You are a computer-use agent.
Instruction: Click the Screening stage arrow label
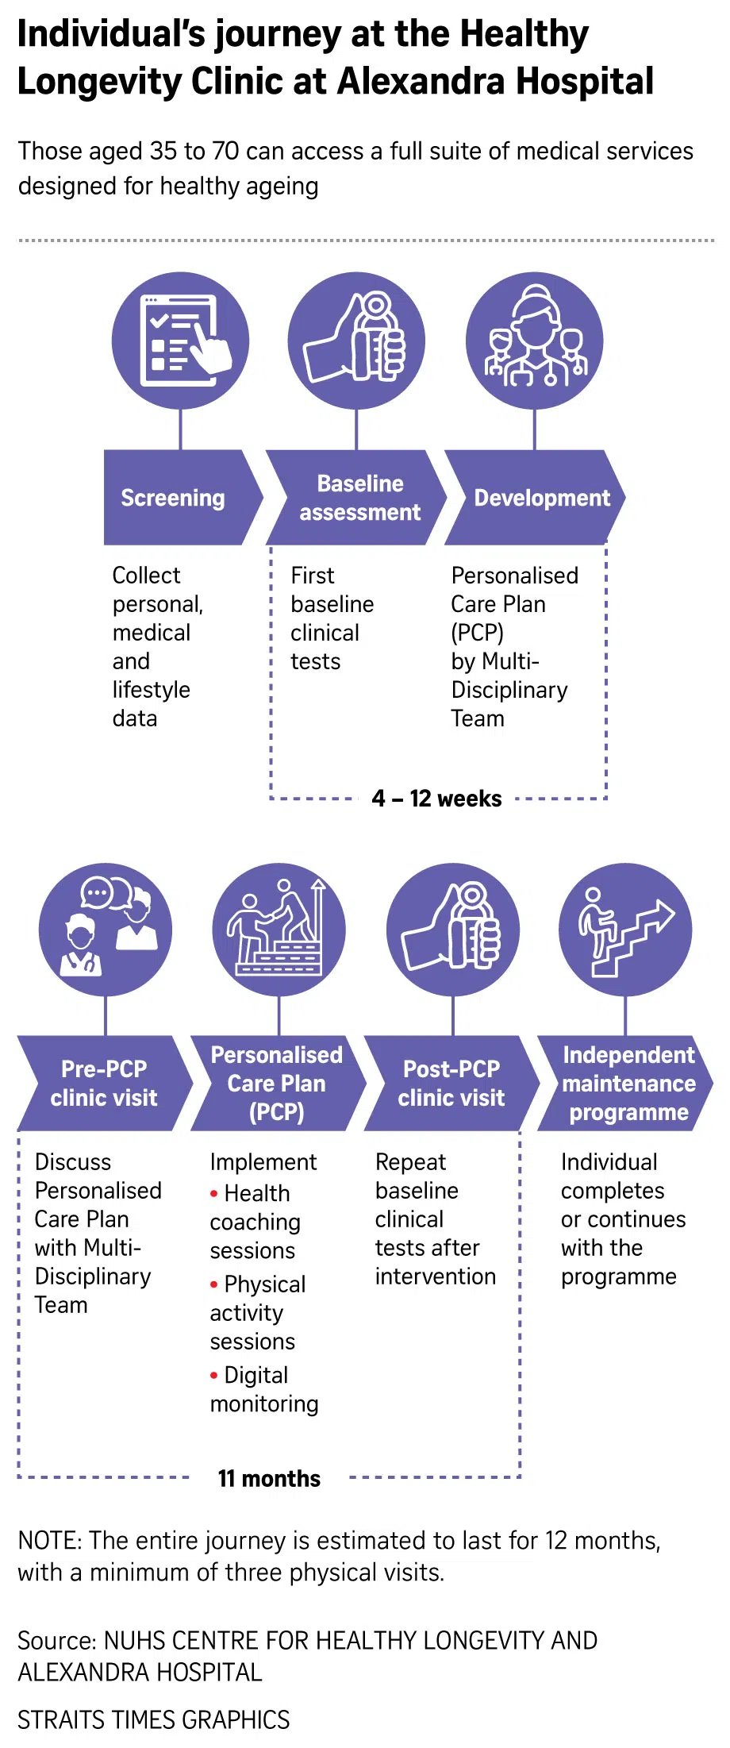coord(173,498)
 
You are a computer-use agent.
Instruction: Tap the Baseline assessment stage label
coord(359,498)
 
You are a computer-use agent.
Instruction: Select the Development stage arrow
coord(542,498)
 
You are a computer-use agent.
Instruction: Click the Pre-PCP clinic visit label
coord(104,1084)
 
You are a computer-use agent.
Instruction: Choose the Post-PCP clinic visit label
coord(451,1084)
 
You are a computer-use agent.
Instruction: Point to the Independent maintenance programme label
coord(628,1084)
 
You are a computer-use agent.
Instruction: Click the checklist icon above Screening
coord(181,341)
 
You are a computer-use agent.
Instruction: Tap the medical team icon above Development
coord(535,341)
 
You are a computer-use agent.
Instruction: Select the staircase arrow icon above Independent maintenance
coord(626,930)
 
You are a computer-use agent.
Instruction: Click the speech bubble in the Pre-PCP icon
coord(97,894)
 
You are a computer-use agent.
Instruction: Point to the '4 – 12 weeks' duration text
coord(436,799)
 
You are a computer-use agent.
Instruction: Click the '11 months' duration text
coord(269,1479)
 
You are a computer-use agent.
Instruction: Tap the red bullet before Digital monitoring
coord(214,1375)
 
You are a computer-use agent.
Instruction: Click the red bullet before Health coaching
coord(214,1193)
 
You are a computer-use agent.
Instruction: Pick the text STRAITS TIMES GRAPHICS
coord(153,1719)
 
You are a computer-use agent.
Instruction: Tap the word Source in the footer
coord(56,1640)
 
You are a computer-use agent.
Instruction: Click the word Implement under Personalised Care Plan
coord(263,1162)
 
